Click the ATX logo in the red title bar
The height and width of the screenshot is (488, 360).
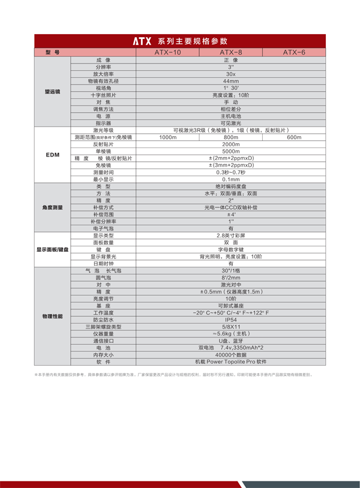142,41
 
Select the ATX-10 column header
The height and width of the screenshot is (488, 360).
167,53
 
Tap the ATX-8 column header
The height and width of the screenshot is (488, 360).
231,53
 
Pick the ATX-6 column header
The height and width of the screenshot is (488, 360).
294,53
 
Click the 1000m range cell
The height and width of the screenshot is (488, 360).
167,137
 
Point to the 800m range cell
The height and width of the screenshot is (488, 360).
231,137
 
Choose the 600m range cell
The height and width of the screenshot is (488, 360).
294,137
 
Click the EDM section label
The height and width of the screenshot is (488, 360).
52,155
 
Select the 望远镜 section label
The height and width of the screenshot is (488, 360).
52,92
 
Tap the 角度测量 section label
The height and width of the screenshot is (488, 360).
52,207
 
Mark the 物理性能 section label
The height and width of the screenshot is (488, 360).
52,315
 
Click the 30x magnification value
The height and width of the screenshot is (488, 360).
231,74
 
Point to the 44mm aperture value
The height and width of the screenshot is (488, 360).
231,81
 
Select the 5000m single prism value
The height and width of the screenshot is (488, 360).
231,151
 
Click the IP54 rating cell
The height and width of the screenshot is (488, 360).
231,320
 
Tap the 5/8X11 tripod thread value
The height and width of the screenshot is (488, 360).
231,327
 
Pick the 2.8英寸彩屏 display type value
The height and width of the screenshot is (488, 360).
231,236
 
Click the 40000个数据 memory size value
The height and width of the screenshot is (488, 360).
231,355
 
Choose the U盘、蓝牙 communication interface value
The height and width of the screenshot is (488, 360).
231,341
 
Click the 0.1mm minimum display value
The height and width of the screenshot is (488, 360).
231,179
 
